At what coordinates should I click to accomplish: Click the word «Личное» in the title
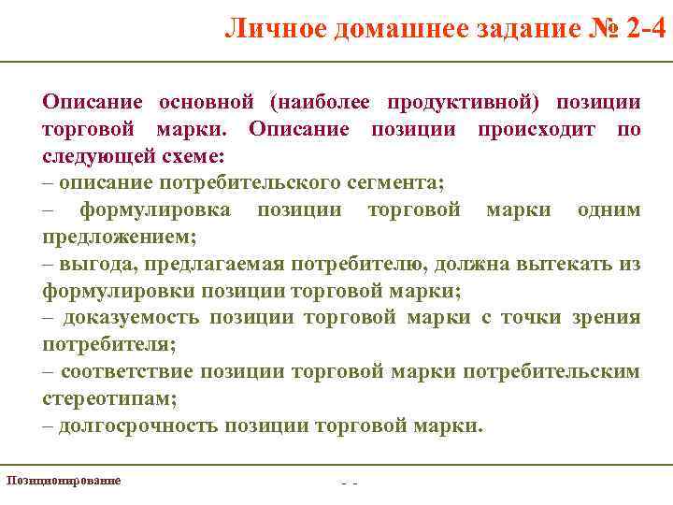[273, 29]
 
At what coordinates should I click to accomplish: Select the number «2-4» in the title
[647, 29]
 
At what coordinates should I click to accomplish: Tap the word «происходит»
[534, 128]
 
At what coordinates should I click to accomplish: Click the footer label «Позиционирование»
[64, 480]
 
